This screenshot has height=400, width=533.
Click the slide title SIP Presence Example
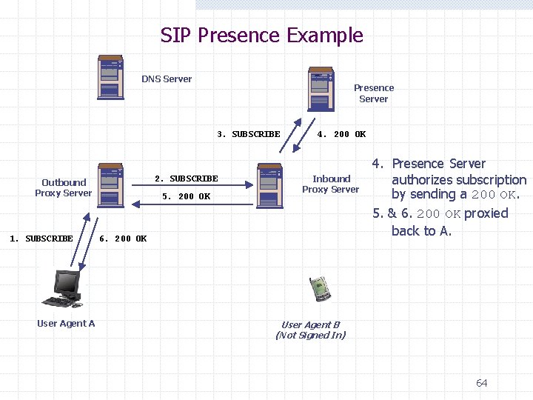[261, 36]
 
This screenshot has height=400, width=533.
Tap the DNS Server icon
[110, 78]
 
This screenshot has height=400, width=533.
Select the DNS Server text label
[167, 79]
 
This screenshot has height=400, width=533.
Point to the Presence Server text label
[373, 93]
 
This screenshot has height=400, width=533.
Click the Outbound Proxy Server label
[64, 188]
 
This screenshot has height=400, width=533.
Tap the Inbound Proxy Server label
[331, 184]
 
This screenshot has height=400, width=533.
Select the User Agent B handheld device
[320, 289]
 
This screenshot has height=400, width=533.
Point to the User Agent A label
[66, 324]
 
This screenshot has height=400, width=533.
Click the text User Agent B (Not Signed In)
[310, 330]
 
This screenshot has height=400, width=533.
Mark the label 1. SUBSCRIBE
[41, 239]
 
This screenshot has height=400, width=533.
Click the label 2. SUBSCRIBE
[186, 179]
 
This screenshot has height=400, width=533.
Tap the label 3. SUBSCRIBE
[249, 134]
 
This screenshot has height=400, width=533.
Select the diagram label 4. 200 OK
[341, 134]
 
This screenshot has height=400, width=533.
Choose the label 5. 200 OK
[186, 196]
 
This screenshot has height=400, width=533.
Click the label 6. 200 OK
[123, 239]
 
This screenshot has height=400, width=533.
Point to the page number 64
[481, 383]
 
